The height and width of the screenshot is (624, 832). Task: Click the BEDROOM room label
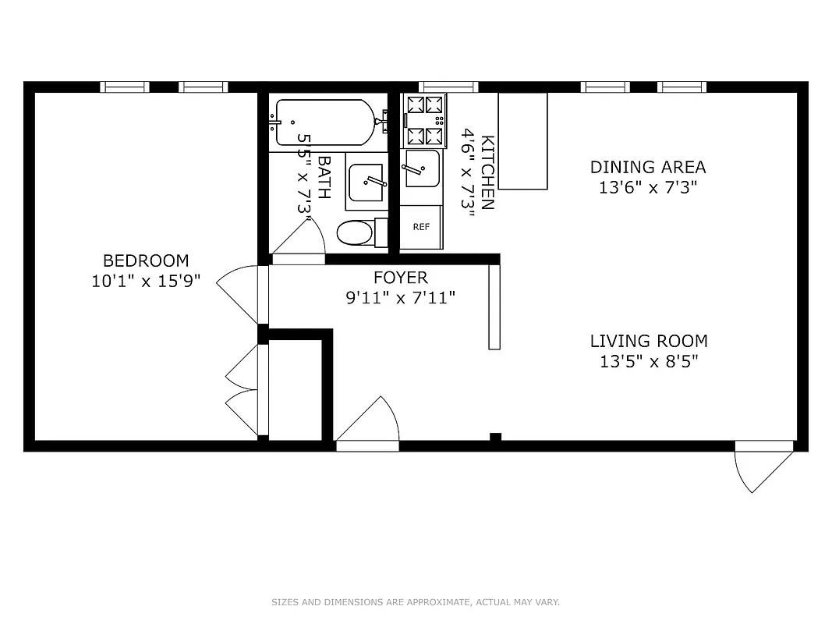(146, 261)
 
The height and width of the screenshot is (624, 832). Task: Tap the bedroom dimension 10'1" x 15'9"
(146, 282)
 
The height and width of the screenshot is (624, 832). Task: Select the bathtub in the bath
(324, 122)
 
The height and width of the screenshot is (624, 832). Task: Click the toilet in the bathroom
(359, 232)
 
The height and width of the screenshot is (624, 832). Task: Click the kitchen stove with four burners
(425, 121)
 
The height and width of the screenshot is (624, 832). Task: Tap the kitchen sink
(421, 168)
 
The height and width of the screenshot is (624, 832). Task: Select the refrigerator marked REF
(421, 227)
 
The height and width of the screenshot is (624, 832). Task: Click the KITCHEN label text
(487, 173)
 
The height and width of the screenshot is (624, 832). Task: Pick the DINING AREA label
(647, 167)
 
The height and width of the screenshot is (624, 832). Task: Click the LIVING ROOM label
(648, 341)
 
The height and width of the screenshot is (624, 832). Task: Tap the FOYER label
(400, 278)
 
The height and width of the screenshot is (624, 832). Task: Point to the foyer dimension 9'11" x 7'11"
(400, 297)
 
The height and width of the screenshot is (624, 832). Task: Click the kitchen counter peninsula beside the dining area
(522, 140)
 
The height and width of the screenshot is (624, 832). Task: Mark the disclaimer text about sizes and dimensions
(416, 602)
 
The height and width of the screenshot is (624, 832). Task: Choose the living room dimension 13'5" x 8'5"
(648, 361)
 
